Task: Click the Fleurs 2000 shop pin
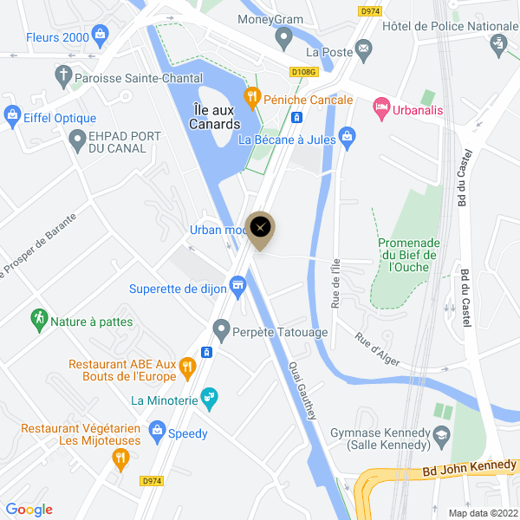tap(100, 36)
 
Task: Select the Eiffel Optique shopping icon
tap(12, 113)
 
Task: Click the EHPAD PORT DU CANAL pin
tap(75, 138)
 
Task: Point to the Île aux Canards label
tap(214, 116)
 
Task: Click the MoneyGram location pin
tap(283, 37)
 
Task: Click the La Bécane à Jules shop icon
tap(348, 135)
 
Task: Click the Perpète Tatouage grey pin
tap(220, 329)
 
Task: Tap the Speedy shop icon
tap(157, 429)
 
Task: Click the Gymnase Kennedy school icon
tap(443, 433)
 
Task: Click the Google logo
tap(29, 510)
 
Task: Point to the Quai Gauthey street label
tap(303, 391)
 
